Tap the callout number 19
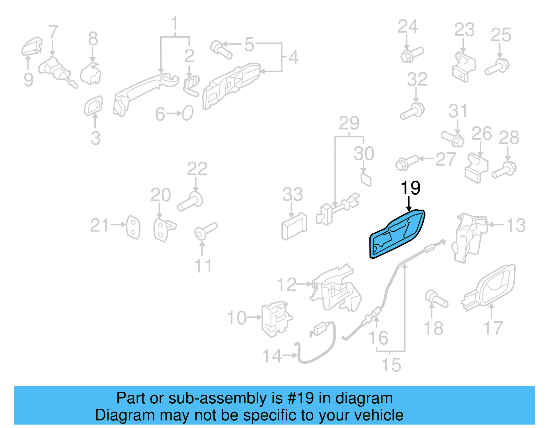click(x=410, y=188)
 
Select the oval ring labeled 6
click(x=188, y=113)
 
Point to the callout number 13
click(x=516, y=225)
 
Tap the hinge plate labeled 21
click(x=133, y=227)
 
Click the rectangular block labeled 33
click(x=294, y=227)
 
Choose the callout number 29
click(x=349, y=123)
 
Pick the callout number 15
click(x=391, y=365)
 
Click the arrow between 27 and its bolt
click(x=427, y=159)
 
